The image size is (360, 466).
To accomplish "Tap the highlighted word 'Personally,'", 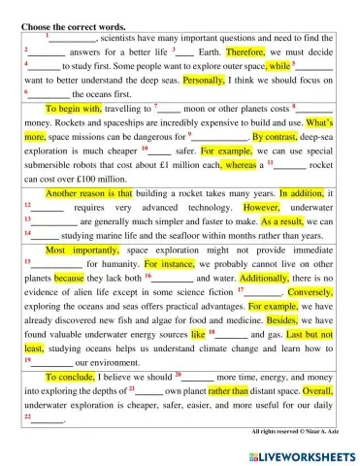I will [x=204, y=81].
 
